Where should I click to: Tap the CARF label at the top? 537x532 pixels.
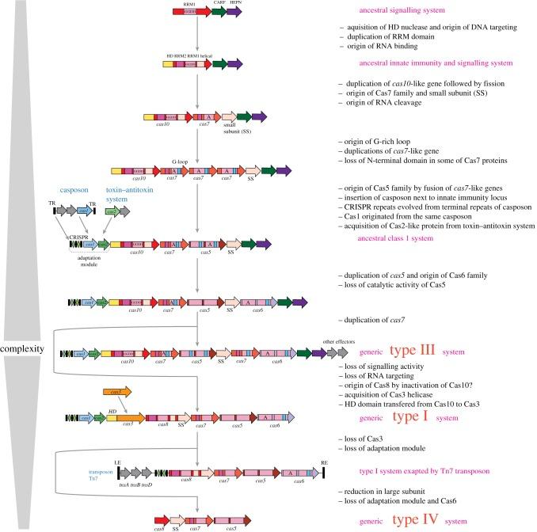point(216,3)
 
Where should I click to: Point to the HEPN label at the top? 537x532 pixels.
point(234,3)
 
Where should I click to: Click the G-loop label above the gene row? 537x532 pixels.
point(179,159)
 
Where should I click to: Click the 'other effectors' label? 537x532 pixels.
point(336,342)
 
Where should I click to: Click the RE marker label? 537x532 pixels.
point(324,459)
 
